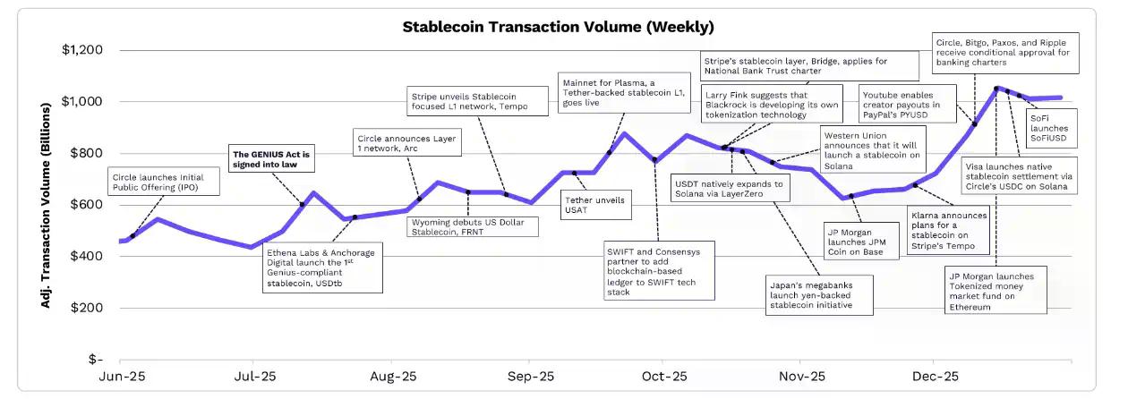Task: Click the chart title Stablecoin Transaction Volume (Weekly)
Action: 558,27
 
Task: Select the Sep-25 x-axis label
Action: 530,377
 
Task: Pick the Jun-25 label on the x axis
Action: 122,377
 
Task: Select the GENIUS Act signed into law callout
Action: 270,159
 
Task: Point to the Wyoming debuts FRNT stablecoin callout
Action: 473,226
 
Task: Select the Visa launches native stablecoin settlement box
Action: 1019,175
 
